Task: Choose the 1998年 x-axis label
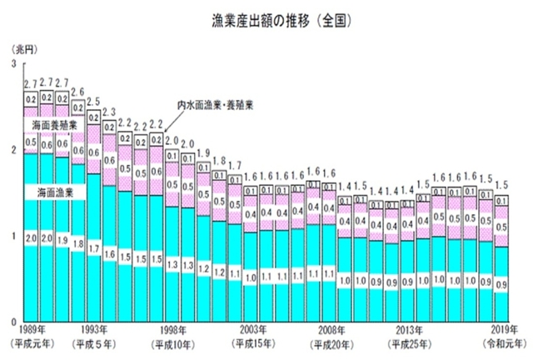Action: pos(171,330)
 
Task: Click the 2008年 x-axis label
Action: pos(331,330)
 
